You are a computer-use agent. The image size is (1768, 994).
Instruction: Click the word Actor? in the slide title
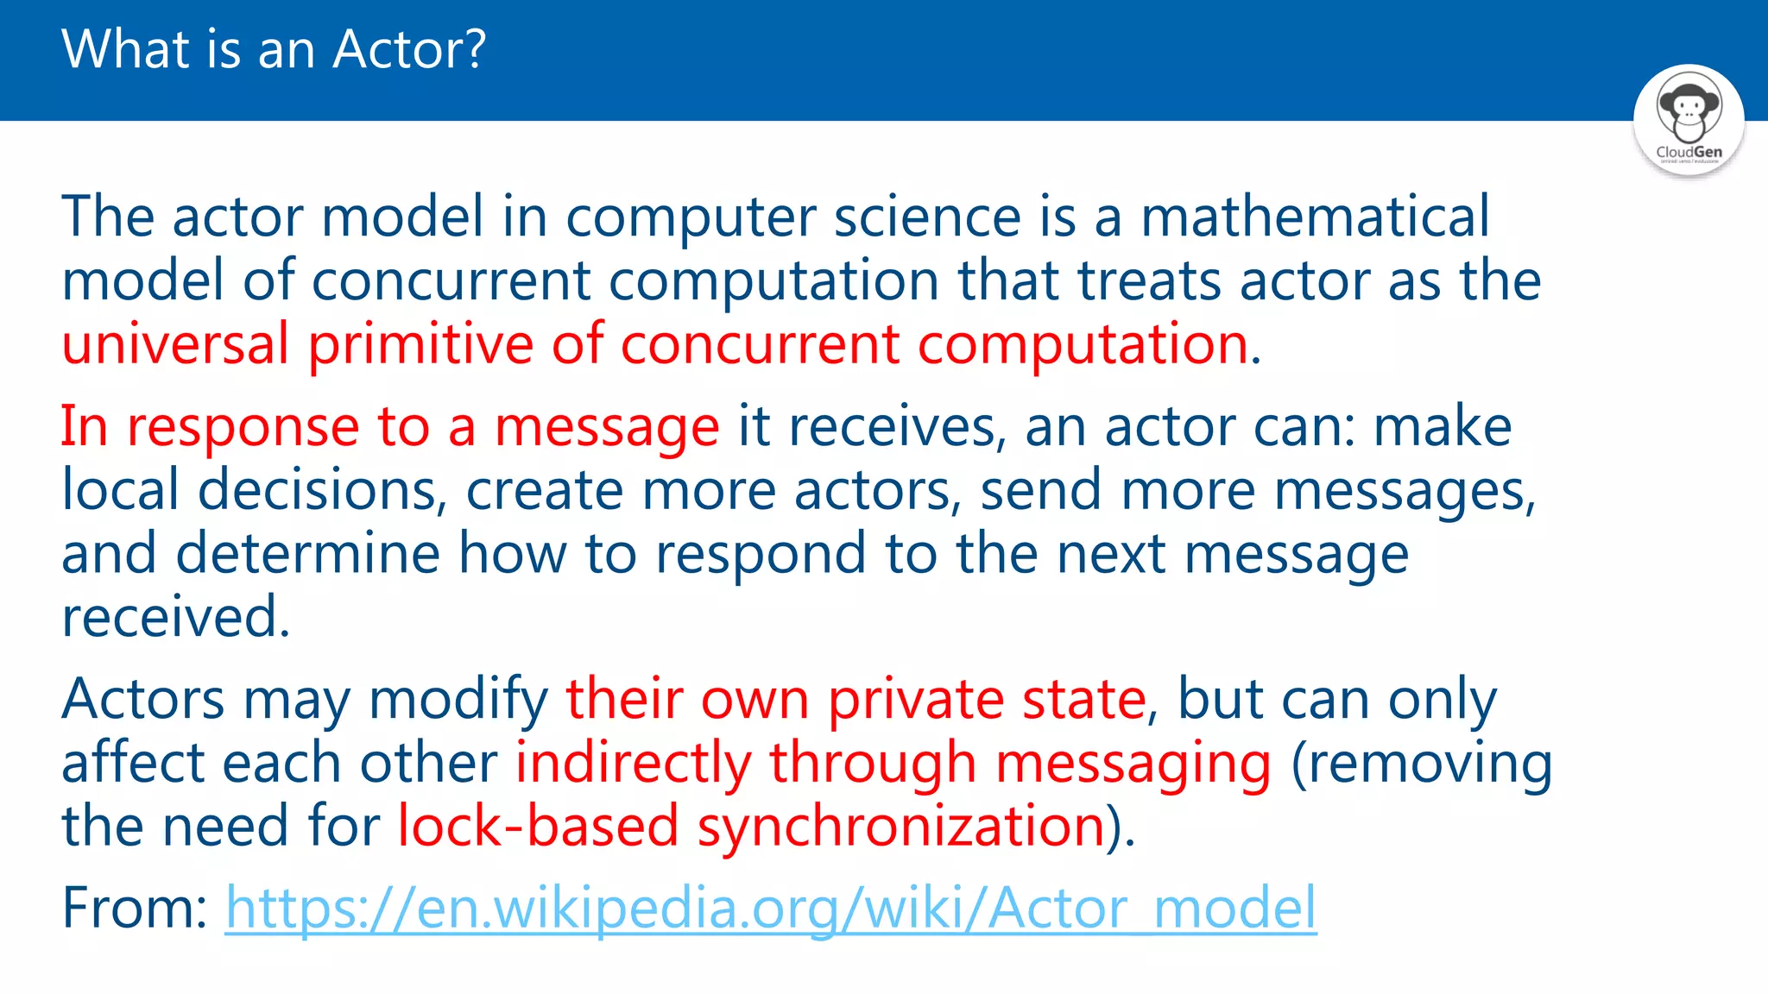coord(409,49)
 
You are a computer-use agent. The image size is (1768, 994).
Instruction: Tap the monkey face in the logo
coord(1688,109)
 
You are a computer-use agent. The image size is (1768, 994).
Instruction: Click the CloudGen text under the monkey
coord(1689,152)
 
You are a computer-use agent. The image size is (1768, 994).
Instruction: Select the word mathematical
coord(1315,216)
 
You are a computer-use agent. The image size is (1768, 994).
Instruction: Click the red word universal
coord(174,343)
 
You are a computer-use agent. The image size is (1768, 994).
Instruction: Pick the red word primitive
coord(420,343)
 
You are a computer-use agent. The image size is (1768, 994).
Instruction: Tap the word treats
coord(1149,280)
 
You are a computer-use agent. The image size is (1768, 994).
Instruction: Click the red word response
coord(243,426)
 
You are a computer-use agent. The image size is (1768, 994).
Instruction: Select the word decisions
coord(321,490)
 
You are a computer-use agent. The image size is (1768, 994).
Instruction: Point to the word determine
coord(307,553)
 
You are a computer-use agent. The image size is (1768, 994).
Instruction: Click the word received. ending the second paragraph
coord(175,616)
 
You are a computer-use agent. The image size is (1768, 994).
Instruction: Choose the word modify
coord(458,698)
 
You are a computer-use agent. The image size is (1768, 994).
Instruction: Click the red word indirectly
coord(633,763)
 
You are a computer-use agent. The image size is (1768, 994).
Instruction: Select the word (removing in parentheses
coord(1421,763)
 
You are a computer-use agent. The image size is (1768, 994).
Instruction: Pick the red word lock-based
coord(538,826)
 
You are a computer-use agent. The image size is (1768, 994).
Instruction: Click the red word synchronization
coord(901,826)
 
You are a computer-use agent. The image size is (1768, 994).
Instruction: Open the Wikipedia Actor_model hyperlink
coord(770,908)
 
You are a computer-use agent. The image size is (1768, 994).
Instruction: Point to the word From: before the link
coord(134,908)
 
